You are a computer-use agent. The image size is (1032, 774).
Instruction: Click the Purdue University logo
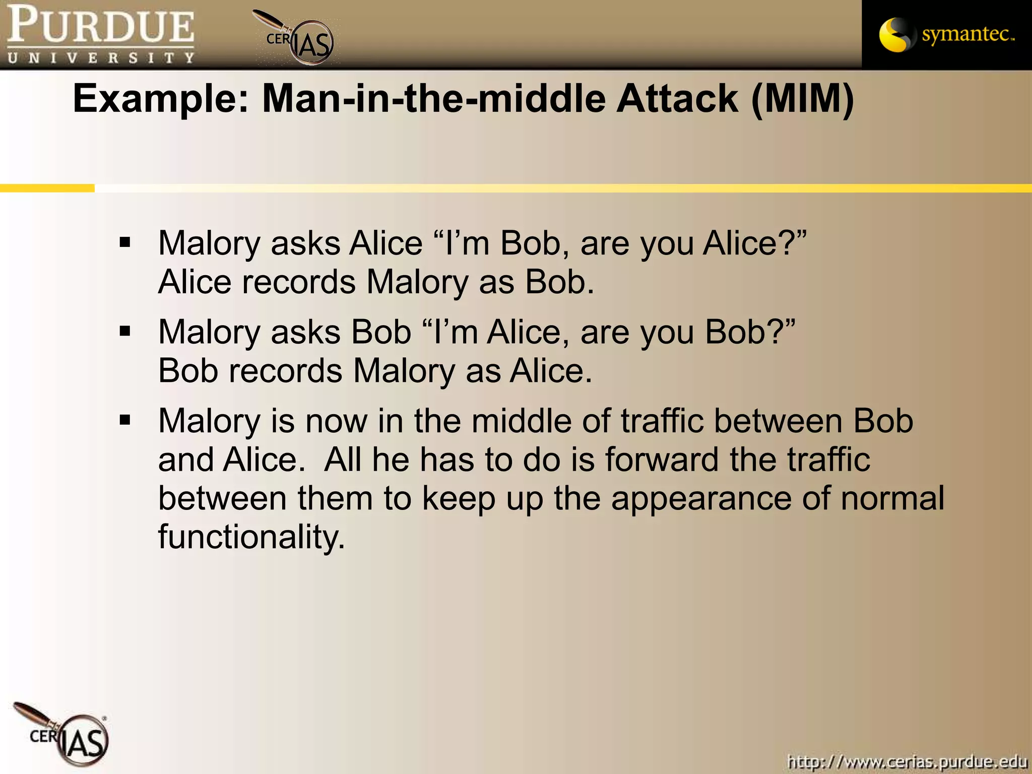[101, 34]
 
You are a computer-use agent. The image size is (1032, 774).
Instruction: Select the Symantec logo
[946, 34]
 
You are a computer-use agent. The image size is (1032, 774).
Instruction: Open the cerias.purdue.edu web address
[907, 761]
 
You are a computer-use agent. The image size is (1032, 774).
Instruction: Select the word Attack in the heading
[678, 99]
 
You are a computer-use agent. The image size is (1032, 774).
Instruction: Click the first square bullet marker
[125, 242]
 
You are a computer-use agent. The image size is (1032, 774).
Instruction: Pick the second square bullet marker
[125, 332]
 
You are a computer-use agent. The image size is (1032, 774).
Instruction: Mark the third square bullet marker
[125, 420]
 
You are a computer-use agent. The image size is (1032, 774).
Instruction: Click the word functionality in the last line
[251, 536]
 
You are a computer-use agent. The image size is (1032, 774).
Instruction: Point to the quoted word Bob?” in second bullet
[750, 332]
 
